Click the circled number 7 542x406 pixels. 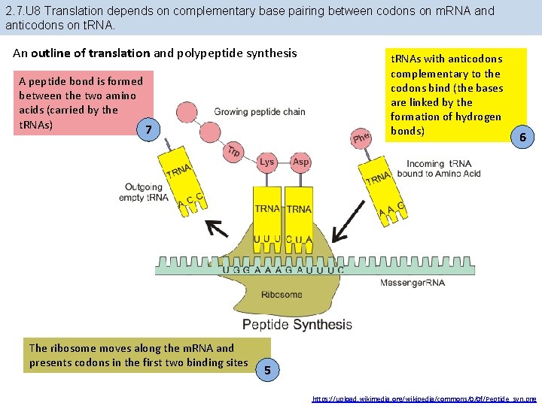(x=149, y=130)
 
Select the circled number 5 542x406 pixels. (x=267, y=369)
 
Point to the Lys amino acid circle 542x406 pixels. (x=267, y=162)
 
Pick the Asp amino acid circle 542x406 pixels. (x=300, y=162)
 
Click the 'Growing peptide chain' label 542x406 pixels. (x=260, y=112)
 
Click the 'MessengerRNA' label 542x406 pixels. (x=412, y=283)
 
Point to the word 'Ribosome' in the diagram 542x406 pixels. (x=282, y=295)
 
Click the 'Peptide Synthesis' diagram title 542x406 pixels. (x=297, y=325)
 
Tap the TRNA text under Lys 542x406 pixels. (x=267, y=208)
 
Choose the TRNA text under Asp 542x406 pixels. (x=299, y=208)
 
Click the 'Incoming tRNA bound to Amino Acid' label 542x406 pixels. (x=443, y=168)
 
